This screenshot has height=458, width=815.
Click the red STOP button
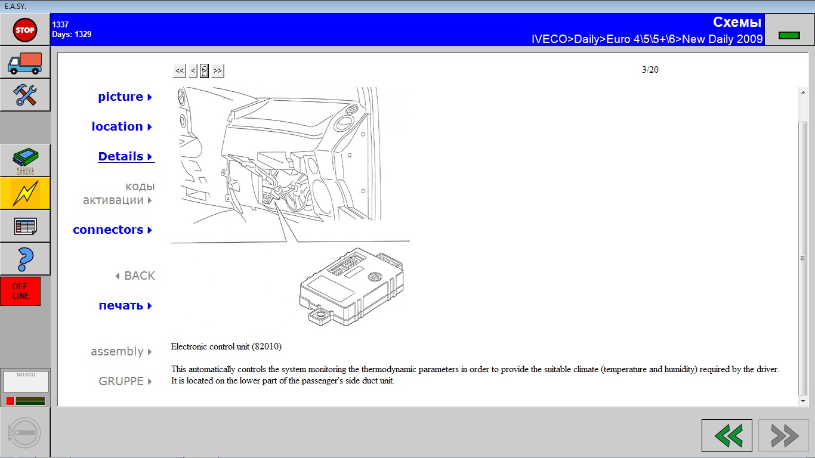[24, 30]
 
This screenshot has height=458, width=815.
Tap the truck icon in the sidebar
[24, 63]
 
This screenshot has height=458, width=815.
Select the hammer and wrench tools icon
[24, 95]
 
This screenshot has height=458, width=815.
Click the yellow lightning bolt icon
[24, 193]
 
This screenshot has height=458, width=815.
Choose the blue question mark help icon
[25, 259]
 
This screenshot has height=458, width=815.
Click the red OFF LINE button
[20, 292]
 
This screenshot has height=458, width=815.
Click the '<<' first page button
[180, 70]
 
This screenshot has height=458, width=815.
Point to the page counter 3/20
[650, 70]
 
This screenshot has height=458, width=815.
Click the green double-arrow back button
[727, 435]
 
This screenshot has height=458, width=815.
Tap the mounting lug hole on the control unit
[321, 314]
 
